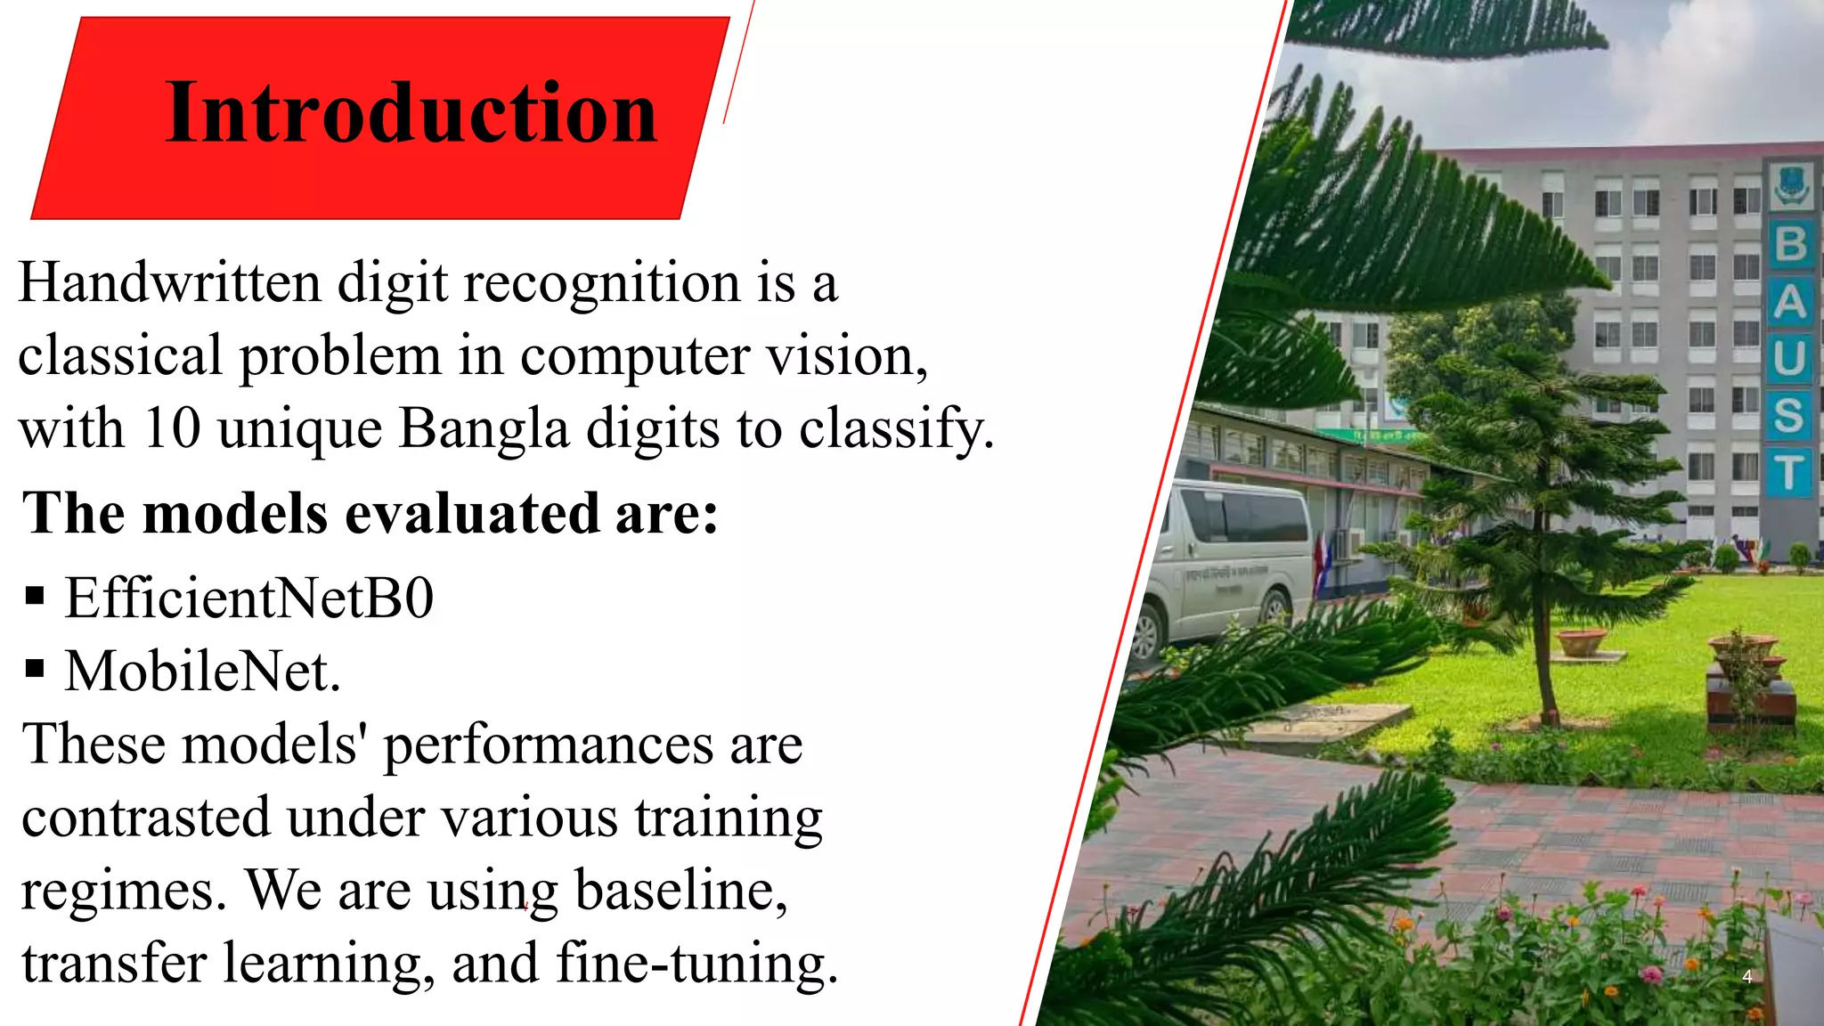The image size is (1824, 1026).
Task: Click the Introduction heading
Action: point(411,113)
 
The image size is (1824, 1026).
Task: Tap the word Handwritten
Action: point(169,283)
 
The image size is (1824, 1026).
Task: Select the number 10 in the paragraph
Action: point(172,428)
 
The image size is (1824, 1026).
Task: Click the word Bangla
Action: point(484,428)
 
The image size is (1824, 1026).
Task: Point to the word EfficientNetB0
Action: point(249,598)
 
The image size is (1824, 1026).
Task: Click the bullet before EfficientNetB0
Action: point(35,595)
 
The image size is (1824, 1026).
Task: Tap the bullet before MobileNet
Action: point(35,668)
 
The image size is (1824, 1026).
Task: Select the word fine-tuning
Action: point(696,964)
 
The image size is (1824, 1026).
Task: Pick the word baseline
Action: point(681,890)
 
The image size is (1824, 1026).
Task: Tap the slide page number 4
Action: point(1747,977)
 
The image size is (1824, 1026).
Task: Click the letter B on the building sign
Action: point(1791,243)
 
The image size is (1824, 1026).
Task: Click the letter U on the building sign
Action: point(1789,359)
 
